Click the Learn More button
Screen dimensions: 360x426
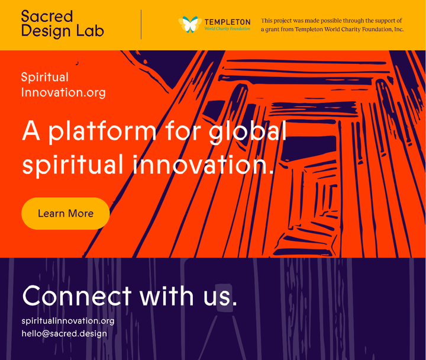tap(66, 213)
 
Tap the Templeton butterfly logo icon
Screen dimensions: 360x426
tap(188, 24)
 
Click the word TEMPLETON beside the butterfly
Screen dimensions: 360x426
tap(227, 22)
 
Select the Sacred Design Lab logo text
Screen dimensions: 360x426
tap(62, 24)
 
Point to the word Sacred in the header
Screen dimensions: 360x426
tap(47, 16)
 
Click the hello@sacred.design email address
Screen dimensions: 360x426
tap(64, 333)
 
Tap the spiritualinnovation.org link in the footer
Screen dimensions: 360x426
tap(68, 321)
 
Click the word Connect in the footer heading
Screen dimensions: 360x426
tap(76, 295)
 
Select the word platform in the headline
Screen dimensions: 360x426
tap(102, 131)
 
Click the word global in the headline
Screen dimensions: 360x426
tap(248, 131)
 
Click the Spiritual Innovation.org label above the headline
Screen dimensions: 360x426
tap(63, 85)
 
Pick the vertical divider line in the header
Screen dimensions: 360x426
tap(141, 24)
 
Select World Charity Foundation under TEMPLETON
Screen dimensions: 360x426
tap(227, 28)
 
